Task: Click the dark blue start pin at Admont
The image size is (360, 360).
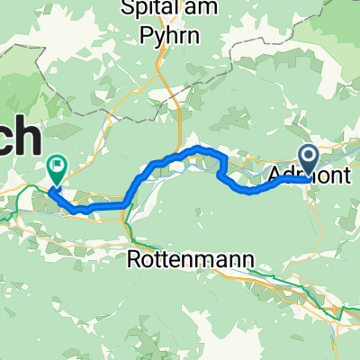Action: point(308,159)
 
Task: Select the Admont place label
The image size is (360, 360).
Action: point(310,173)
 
